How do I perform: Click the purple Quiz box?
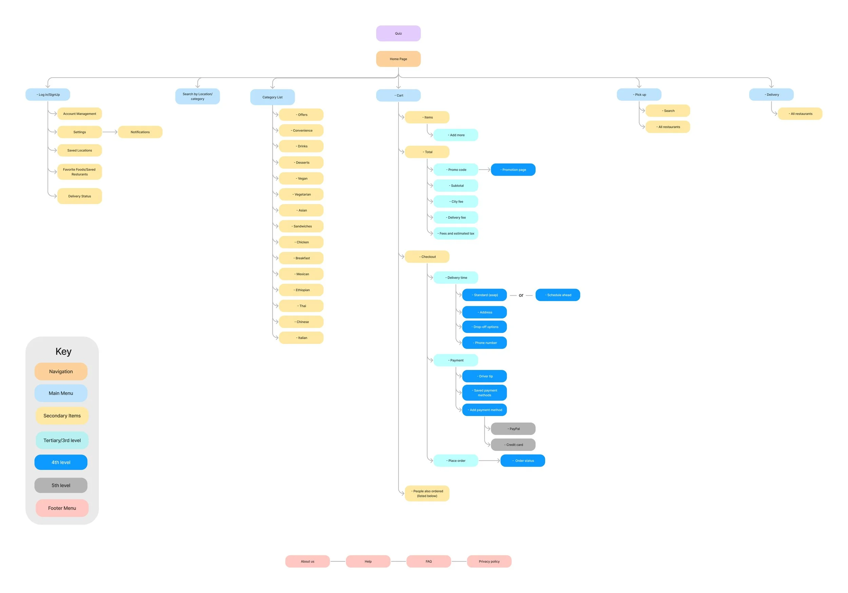pos(398,33)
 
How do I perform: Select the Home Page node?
pos(398,59)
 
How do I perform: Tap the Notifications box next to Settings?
pos(140,132)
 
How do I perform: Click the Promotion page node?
pos(513,170)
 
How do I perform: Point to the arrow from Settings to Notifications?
pos(110,132)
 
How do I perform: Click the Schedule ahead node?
pos(558,295)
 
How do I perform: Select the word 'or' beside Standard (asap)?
pos(521,295)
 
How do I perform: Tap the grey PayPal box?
pos(513,429)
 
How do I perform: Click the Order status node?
pos(523,460)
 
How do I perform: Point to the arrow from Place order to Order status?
pos(489,460)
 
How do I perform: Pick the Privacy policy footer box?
pos(489,561)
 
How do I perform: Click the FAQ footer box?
pos(428,561)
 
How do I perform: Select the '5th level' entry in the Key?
pos(61,485)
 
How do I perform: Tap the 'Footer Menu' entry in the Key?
pos(62,508)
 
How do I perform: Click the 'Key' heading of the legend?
pos(63,351)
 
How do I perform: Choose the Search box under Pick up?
pos(668,111)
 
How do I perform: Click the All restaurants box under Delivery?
pos(800,113)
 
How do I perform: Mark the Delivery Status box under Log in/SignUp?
pos(79,196)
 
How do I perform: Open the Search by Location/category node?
pos(198,96)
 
